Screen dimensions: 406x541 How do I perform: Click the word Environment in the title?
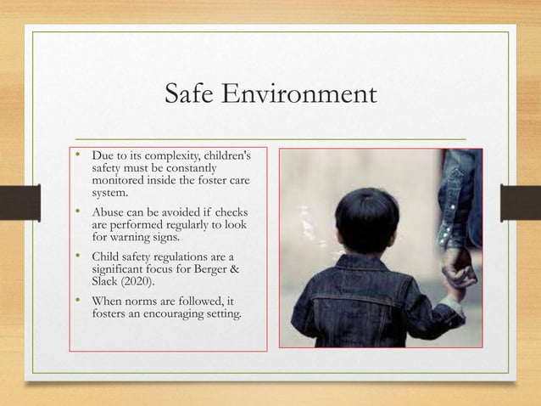click(x=304, y=94)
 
